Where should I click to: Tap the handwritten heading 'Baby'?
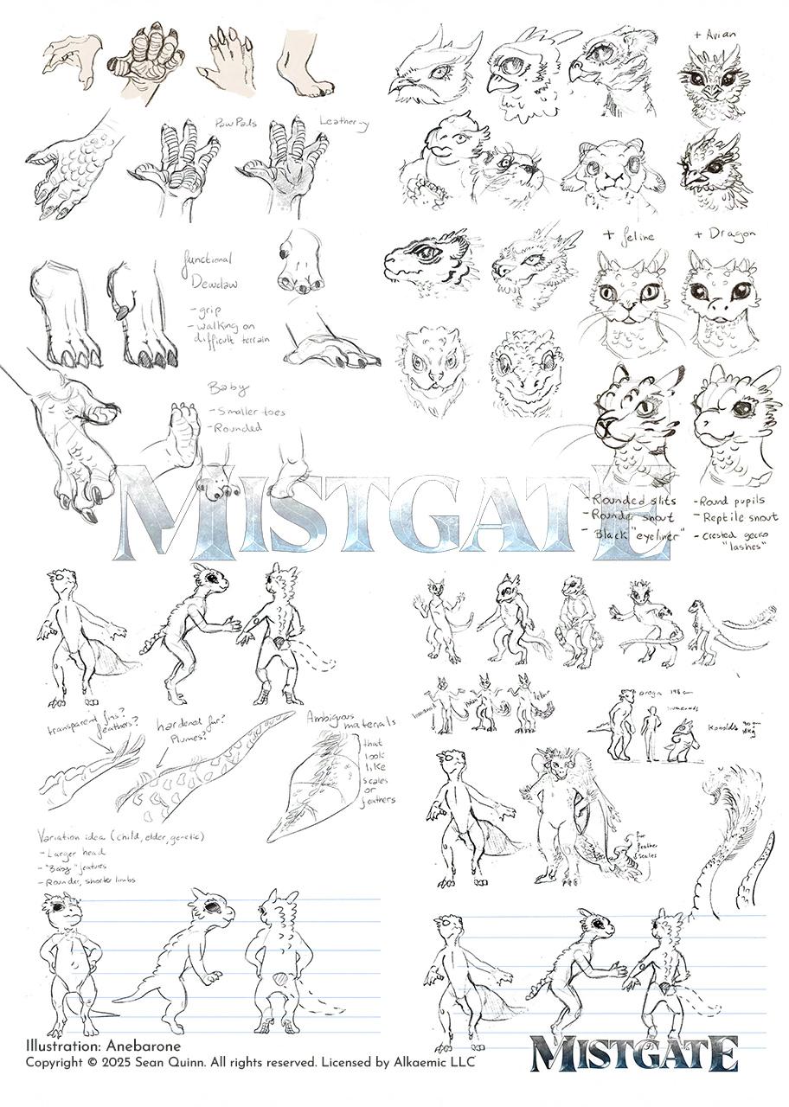coord(222,387)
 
